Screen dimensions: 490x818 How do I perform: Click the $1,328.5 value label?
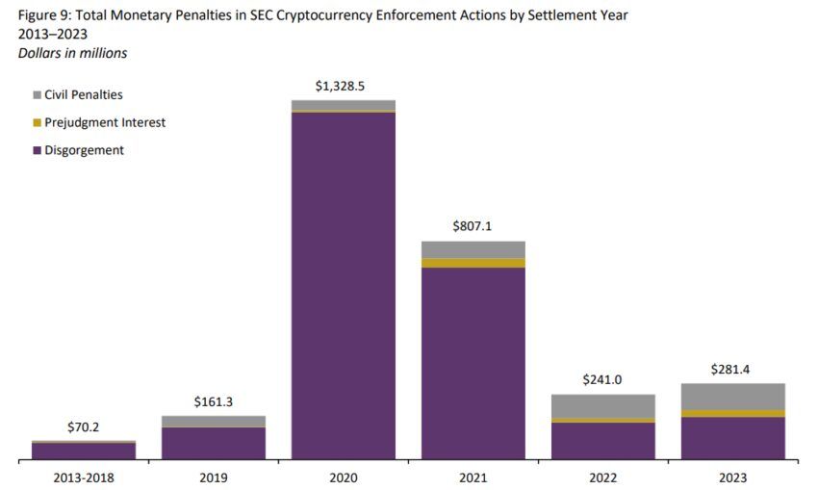pyautogui.click(x=343, y=87)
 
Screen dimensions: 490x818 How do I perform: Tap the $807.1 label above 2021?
pyautogui.click(x=473, y=227)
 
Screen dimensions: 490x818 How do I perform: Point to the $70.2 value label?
pyautogui.click(x=84, y=427)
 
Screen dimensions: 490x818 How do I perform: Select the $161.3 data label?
pyautogui.click(x=213, y=402)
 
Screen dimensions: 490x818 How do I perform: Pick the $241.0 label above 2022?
pyautogui.click(x=602, y=380)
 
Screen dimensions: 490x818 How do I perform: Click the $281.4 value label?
pyautogui.click(x=732, y=370)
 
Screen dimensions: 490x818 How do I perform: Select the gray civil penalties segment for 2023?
pyautogui.click(x=732, y=396)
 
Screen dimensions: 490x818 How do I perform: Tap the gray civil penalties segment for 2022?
pyautogui.click(x=602, y=405)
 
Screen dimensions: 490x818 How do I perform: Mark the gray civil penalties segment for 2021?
pyautogui.click(x=473, y=249)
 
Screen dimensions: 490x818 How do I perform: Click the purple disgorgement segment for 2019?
pyautogui.click(x=213, y=443)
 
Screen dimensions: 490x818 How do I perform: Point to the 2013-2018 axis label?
pyautogui.click(x=84, y=477)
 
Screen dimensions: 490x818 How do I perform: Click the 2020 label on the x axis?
pyautogui.click(x=343, y=477)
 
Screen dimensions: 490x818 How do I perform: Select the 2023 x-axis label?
pyautogui.click(x=732, y=477)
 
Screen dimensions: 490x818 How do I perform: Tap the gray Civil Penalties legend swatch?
pyautogui.click(x=38, y=95)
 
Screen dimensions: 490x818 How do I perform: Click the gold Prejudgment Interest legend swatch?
pyautogui.click(x=38, y=123)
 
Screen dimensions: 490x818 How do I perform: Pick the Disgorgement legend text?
pyautogui.click(x=84, y=150)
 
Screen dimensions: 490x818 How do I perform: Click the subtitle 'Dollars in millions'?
pyautogui.click(x=72, y=53)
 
